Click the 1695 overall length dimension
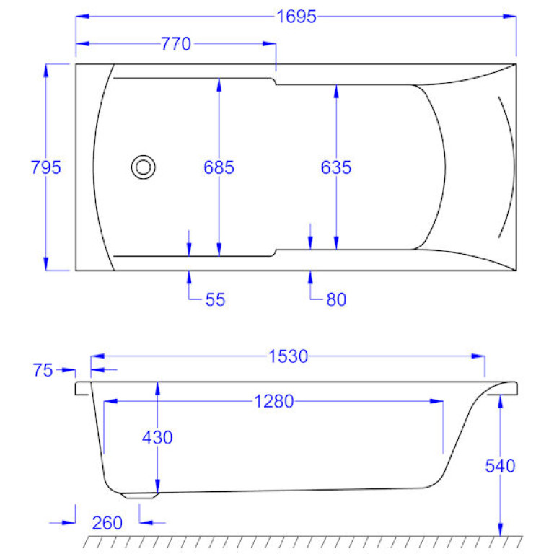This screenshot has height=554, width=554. point(296,17)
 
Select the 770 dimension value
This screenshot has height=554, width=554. point(176,44)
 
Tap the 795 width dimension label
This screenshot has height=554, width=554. point(46,167)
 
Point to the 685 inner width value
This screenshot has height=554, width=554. point(219,167)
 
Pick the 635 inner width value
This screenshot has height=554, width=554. point(336,167)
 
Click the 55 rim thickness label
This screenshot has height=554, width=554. point(215,299)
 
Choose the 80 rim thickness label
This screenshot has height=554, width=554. point(336,299)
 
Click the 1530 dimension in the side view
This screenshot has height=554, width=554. point(288,356)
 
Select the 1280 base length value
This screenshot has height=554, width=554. point(274,401)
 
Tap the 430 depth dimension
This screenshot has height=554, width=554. point(157,437)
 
